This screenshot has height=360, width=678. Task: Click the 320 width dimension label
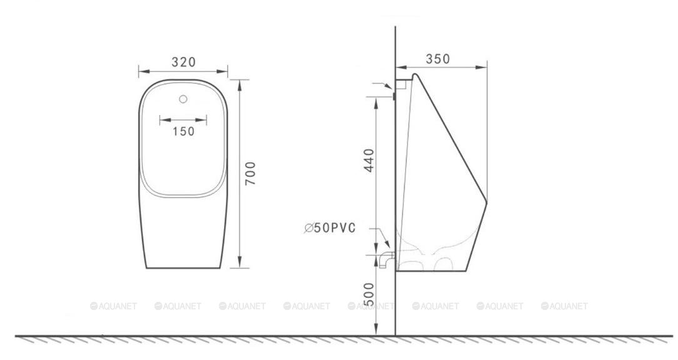(x=184, y=62)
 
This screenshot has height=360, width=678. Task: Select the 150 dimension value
(x=184, y=131)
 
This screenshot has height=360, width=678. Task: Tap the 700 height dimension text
(x=250, y=173)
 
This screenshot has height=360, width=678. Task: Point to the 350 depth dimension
(x=438, y=59)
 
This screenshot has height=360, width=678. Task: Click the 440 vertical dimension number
(x=369, y=161)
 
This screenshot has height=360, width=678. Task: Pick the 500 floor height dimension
(x=369, y=294)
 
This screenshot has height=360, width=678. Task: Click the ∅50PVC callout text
(x=330, y=227)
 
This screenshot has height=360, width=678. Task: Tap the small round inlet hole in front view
(x=183, y=99)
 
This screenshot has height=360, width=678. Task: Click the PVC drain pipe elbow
(x=386, y=260)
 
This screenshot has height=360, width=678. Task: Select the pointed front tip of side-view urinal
(x=487, y=202)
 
